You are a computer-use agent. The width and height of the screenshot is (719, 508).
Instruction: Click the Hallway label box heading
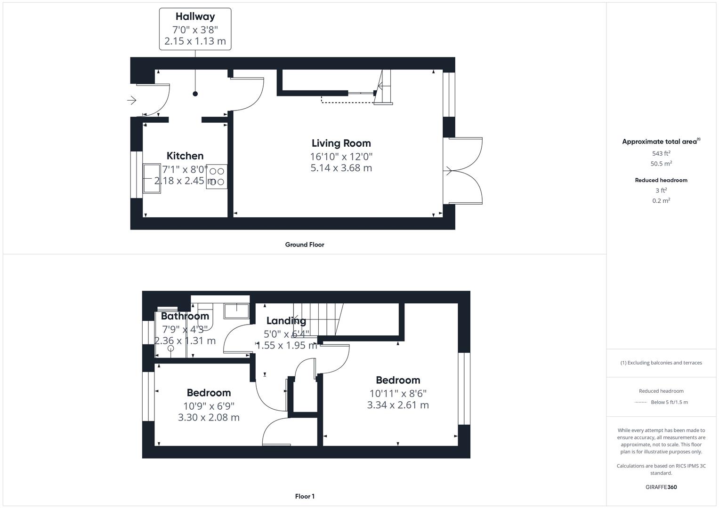click(x=195, y=16)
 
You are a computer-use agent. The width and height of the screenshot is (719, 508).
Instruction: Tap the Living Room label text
click(x=341, y=143)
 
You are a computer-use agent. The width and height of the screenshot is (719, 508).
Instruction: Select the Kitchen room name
click(x=185, y=156)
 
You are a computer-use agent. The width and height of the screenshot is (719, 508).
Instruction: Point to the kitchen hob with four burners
click(x=217, y=176)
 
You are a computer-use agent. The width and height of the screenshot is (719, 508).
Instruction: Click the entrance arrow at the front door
click(x=132, y=100)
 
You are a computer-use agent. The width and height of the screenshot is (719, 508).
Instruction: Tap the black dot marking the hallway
click(x=195, y=94)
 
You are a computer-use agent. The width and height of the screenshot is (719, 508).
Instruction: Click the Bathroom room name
click(x=185, y=316)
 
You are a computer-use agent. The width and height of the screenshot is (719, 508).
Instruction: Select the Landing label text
click(x=286, y=321)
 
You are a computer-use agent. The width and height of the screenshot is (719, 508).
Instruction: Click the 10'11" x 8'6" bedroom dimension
click(x=398, y=393)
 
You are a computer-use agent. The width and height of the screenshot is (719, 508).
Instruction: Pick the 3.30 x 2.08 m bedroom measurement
click(x=209, y=417)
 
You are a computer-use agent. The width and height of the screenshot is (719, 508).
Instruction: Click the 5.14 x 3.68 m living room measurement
click(x=341, y=168)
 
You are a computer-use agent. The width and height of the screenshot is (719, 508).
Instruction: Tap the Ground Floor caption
click(x=305, y=245)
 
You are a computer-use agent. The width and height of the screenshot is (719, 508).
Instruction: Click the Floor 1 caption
click(x=305, y=496)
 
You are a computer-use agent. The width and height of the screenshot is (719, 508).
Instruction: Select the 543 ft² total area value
click(x=661, y=153)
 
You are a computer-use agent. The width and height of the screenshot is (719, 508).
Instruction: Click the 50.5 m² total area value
click(x=661, y=164)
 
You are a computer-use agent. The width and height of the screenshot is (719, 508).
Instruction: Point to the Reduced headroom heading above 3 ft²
click(x=661, y=180)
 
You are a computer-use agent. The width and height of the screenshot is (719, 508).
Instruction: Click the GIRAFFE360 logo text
click(x=661, y=487)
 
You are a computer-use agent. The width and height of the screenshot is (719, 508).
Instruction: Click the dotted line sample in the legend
click(x=641, y=402)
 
